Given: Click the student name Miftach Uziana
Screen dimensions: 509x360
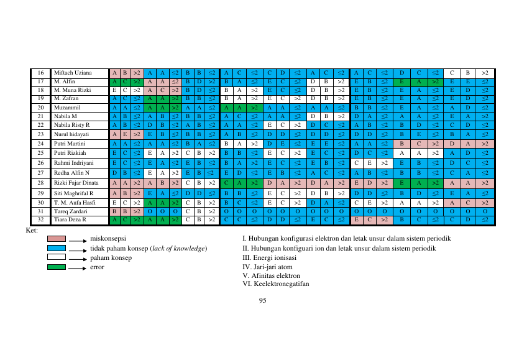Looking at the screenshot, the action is tap(73, 73).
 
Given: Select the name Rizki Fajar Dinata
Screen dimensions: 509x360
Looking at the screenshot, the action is tap(76, 183).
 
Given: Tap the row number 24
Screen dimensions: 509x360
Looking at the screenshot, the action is tap(40, 144).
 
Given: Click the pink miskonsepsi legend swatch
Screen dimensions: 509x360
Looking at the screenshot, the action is tap(57, 239).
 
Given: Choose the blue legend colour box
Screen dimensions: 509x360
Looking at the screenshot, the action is tap(57, 248).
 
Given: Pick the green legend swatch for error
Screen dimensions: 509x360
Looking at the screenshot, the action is tap(57, 267).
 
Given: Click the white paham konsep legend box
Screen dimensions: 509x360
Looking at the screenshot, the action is tap(57, 257).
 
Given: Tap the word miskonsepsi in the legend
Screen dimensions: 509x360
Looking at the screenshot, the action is tap(108, 239).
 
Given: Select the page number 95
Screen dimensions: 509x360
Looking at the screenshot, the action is tap(263, 300).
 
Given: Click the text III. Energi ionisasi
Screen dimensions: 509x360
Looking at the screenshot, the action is tap(270, 258).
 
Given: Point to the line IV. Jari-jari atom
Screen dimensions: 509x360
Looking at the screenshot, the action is tap(267, 267).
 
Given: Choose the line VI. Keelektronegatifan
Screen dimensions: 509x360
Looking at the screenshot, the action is tap(276, 284).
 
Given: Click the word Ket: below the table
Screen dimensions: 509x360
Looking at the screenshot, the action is tap(32, 231).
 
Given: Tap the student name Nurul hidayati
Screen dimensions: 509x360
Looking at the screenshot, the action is tap(71, 134).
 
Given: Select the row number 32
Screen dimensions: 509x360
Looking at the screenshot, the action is tap(40, 219).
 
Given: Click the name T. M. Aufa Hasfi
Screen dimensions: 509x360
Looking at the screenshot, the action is tap(75, 203).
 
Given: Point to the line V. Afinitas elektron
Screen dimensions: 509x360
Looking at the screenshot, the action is tap(272, 275).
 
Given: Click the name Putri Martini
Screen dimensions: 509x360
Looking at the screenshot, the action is tap(70, 144).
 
